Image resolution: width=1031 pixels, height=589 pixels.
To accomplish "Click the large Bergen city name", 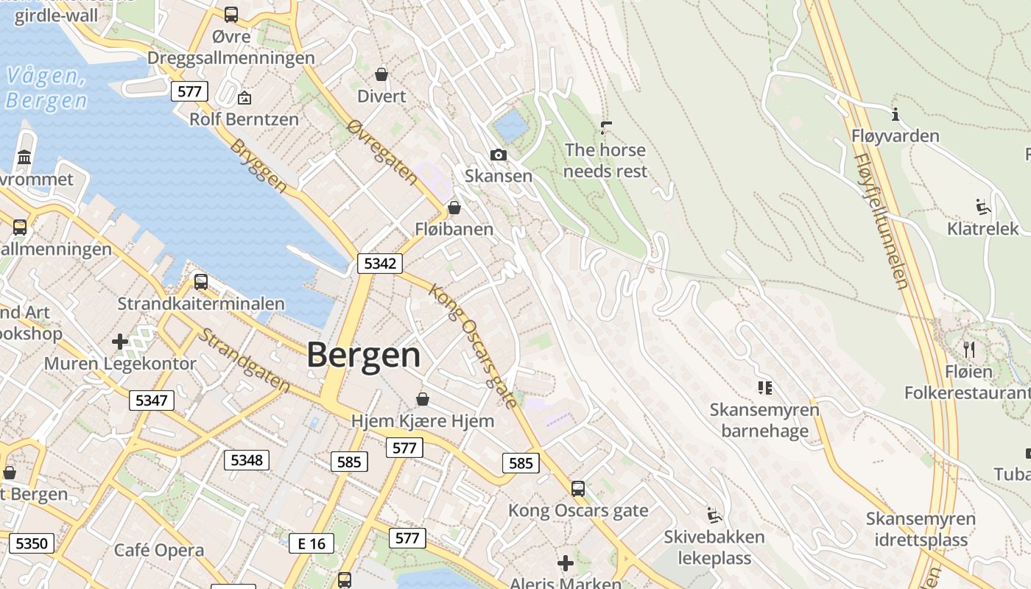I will coord(364,355).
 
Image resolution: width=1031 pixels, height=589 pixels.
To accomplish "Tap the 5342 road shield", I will coord(380,263).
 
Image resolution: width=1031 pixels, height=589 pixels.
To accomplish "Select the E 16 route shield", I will coord(311,543).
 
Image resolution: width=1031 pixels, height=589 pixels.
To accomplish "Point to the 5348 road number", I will coord(247,460).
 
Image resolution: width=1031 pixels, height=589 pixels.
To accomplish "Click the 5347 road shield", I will coord(152,401).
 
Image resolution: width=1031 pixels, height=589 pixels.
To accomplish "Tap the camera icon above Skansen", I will coord(499,155).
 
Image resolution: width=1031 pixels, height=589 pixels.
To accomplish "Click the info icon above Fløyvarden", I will coord(895,114).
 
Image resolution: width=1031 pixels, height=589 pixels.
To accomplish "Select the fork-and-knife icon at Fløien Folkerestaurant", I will coord(969,348).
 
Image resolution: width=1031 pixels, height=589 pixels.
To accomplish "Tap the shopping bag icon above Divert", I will coord(381,74).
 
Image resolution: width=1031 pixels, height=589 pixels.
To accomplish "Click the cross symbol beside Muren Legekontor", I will coord(120,342).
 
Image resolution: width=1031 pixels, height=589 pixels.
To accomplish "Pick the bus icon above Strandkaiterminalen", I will coord(200,282).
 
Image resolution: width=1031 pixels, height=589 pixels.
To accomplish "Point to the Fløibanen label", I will coord(454,229).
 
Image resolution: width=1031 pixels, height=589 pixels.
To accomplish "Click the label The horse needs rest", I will coord(606,161).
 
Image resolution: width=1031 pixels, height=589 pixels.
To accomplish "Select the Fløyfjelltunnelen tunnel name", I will coord(882,221).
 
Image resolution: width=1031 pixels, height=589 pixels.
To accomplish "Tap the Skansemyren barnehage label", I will coord(764,420).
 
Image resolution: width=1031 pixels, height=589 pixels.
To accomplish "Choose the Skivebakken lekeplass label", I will coord(714,547).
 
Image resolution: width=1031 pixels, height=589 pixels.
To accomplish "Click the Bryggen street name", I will coord(258,166).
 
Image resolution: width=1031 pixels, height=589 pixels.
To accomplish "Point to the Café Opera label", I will coord(159,550).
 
